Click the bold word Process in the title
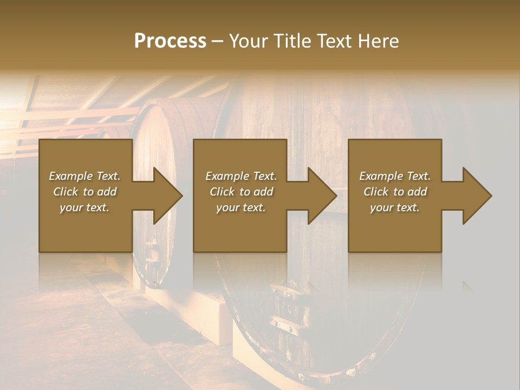click(x=170, y=41)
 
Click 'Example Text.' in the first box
click(x=84, y=176)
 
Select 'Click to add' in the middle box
click(x=241, y=192)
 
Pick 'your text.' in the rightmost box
click(x=394, y=207)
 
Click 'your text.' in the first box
click(x=84, y=207)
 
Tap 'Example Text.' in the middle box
click(x=241, y=176)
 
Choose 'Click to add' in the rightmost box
click(x=395, y=192)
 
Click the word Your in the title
click(x=249, y=41)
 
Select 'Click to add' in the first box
click(x=84, y=192)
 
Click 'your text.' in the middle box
click(x=241, y=207)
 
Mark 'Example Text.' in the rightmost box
click(x=395, y=176)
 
